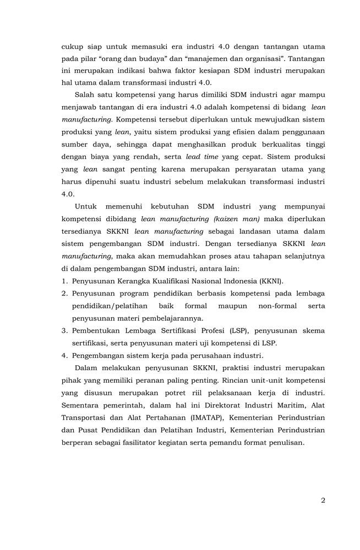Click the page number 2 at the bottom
coord(323,501)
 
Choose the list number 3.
coord(64,331)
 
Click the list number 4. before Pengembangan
coord(64,355)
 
